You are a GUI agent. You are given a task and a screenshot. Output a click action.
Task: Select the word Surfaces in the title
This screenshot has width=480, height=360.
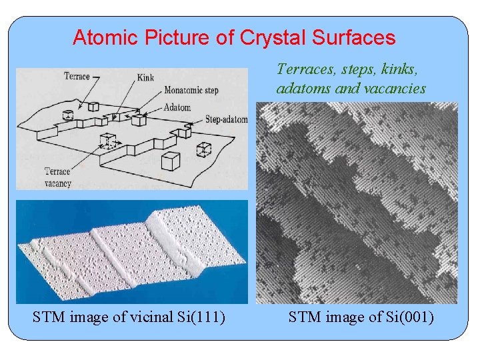[x=355, y=37]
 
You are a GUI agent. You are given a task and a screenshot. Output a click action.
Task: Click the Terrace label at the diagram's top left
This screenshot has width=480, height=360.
[x=77, y=76]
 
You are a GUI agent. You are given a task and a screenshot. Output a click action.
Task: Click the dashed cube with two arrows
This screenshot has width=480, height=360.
[x=106, y=141]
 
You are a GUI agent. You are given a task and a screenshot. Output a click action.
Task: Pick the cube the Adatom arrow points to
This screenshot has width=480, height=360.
[x=139, y=119]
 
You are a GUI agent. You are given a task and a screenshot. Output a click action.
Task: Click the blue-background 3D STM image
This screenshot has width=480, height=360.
[x=131, y=252]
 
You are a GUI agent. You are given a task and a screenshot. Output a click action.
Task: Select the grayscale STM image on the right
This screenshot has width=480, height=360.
[x=357, y=203]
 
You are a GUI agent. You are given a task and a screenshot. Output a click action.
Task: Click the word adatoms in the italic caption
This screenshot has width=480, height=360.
[x=303, y=89]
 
